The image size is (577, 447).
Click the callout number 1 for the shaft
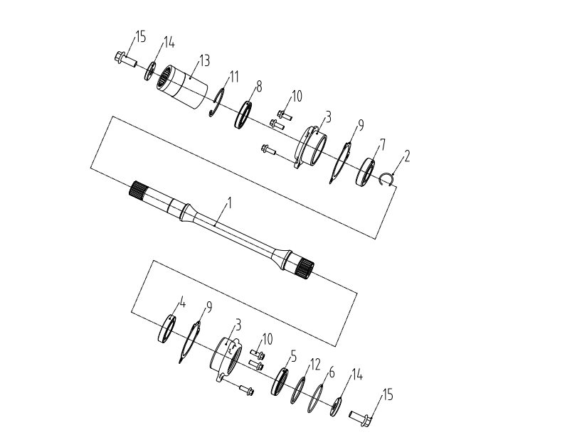(230, 203)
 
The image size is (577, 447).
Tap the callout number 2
(406, 156)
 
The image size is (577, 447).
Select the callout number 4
(183, 303)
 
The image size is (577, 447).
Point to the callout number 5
(293, 355)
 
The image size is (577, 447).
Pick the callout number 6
(332, 372)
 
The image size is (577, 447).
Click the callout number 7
(382, 144)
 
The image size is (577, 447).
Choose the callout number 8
(259, 87)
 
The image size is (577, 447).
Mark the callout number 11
(234, 77)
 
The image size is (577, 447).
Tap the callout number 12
(315, 365)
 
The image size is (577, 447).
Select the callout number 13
(205, 60)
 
